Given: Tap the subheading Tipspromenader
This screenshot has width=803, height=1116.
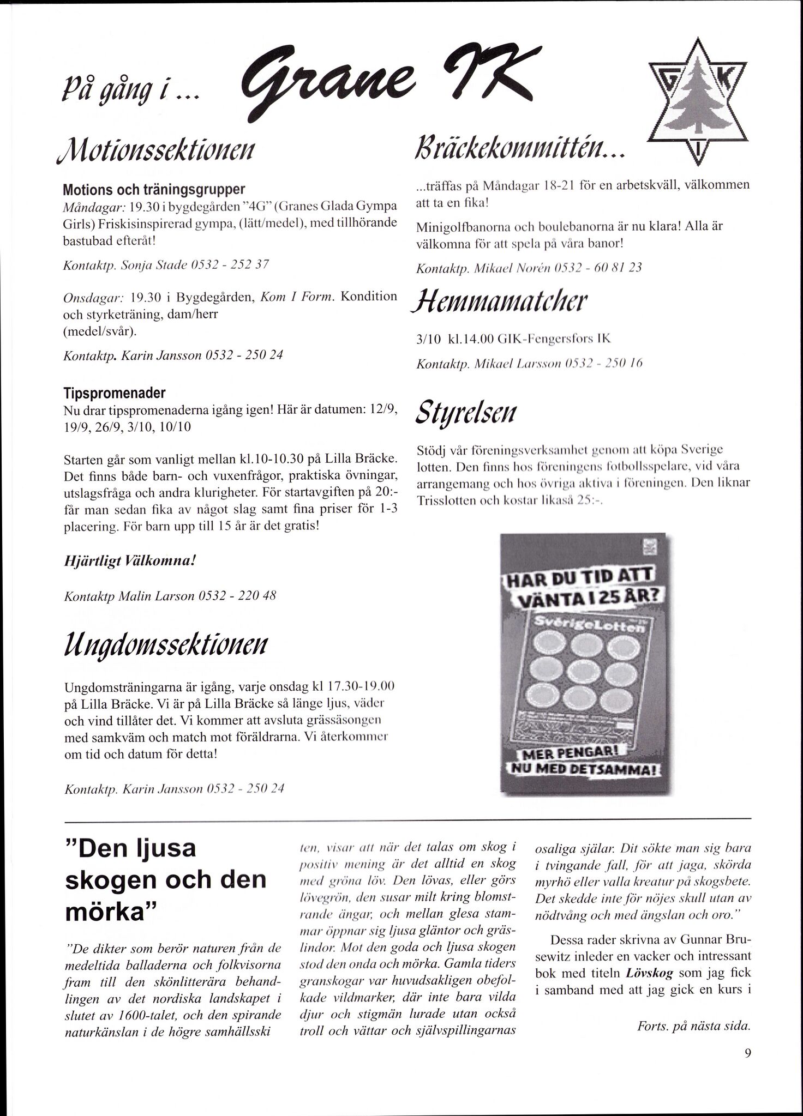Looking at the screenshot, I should coord(115,393).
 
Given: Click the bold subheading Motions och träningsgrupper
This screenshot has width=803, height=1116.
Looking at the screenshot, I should coord(154,190).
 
